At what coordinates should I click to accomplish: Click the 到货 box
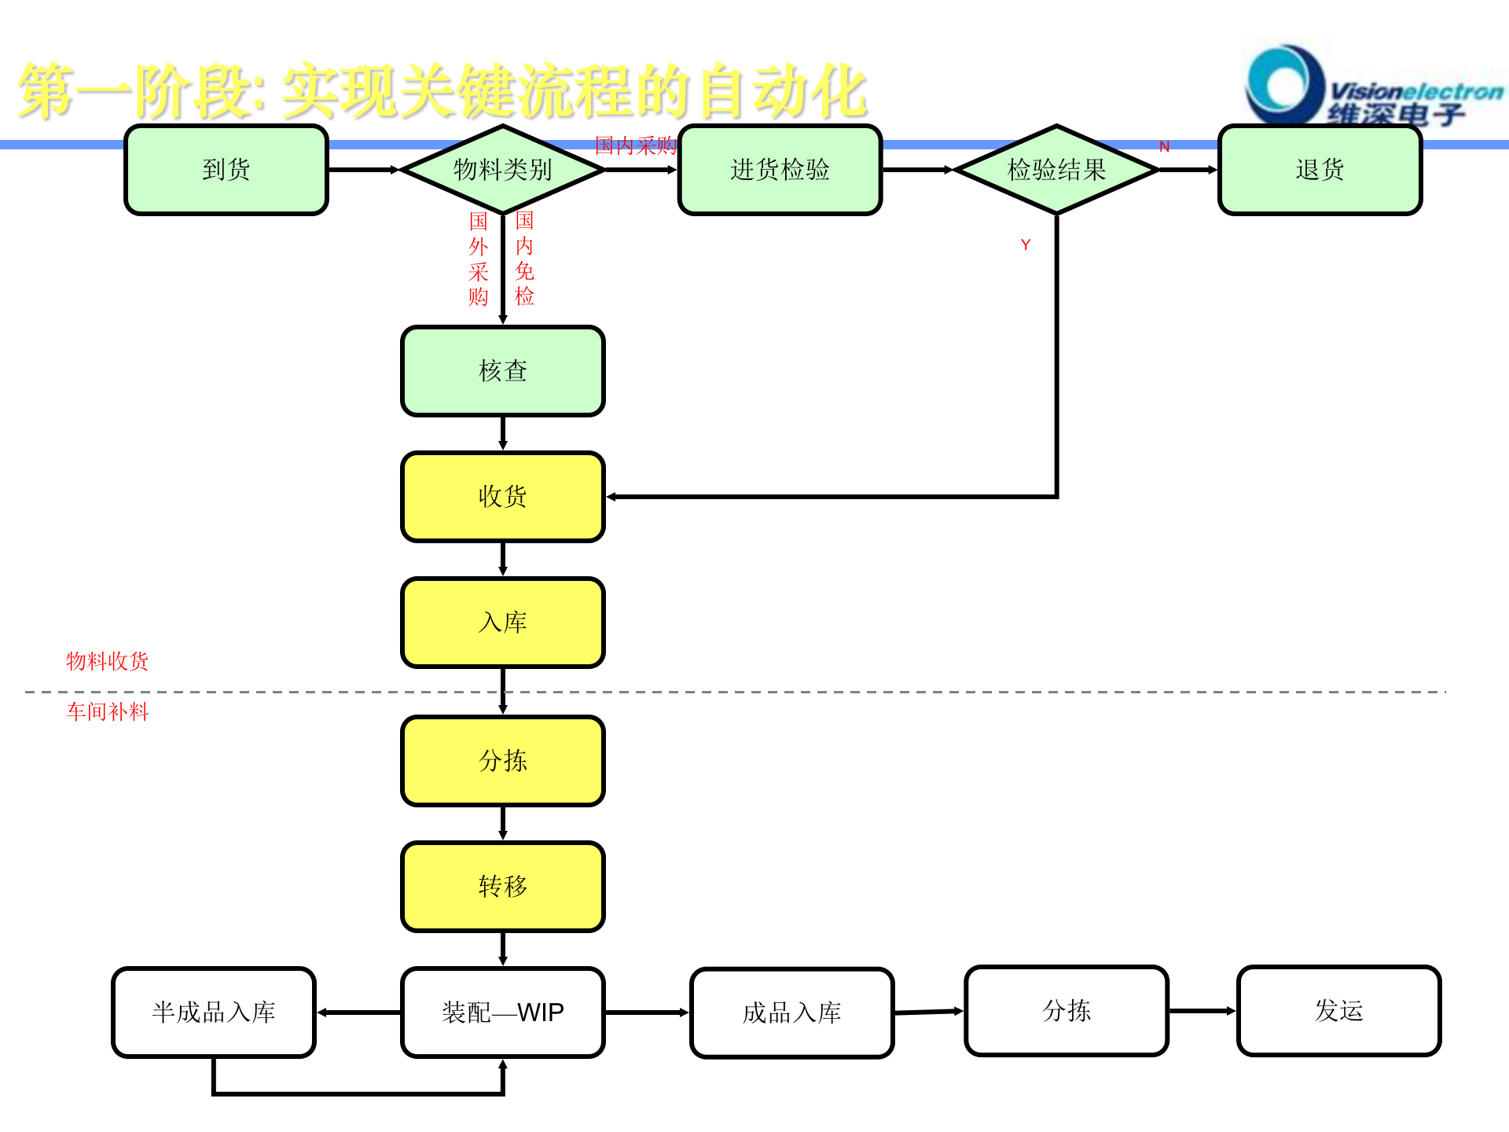click(226, 170)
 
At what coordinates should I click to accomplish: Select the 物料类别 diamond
click(503, 170)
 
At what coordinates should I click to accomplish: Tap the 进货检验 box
click(780, 170)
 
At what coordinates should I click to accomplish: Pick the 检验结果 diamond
click(1056, 170)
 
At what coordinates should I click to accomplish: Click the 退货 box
click(1320, 170)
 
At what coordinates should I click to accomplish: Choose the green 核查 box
click(503, 371)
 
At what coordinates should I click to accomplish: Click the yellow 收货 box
click(503, 497)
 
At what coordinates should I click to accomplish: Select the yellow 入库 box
click(503, 623)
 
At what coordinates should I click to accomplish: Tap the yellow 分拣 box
click(503, 761)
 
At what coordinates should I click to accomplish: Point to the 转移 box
click(503, 887)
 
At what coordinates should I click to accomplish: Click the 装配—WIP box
click(503, 1013)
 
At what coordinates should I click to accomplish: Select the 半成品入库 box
click(214, 1013)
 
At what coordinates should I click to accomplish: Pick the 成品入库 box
click(792, 1013)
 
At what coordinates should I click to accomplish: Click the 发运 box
click(1338, 1011)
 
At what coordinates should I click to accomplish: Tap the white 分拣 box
click(1067, 1011)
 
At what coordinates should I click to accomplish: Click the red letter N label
click(1164, 147)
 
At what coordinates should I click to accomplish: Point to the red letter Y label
click(1026, 245)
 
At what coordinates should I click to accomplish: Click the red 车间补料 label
click(108, 712)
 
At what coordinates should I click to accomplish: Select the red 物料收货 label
click(108, 661)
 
